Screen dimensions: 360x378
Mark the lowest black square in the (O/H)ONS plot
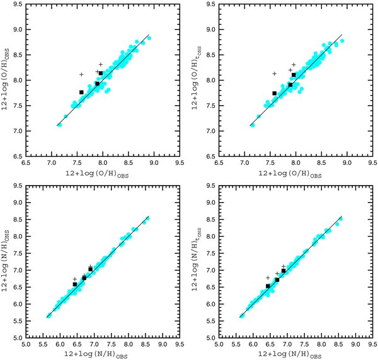[x=81, y=93]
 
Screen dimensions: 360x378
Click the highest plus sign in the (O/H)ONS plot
[x=101, y=65]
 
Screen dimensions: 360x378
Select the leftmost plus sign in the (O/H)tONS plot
[x=274, y=74]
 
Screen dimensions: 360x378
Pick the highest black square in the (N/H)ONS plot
[x=90, y=269]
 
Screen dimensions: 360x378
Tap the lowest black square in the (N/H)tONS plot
[x=268, y=286]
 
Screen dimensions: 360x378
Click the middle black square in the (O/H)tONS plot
[x=290, y=85]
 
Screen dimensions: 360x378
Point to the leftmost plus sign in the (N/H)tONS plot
[x=268, y=278]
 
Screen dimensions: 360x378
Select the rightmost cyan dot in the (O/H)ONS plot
[x=149, y=38]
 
